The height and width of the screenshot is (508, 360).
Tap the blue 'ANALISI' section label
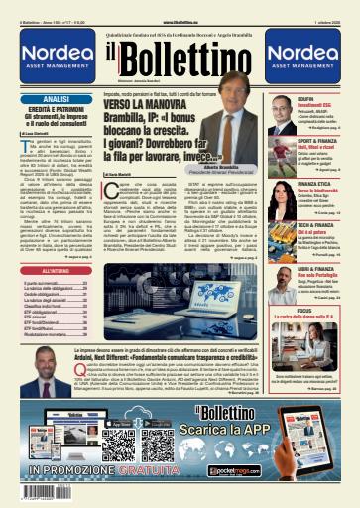[x=56, y=100]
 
